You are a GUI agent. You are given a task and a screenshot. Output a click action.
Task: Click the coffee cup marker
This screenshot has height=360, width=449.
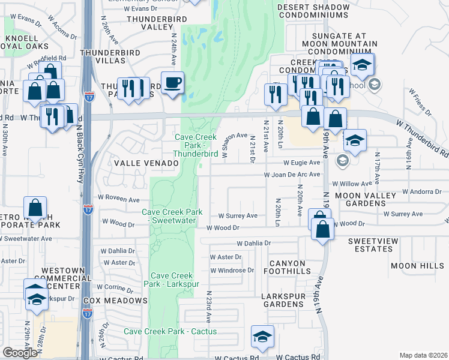click(x=173, y=83)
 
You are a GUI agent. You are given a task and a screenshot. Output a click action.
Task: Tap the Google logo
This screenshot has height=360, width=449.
click(x=20, y=353)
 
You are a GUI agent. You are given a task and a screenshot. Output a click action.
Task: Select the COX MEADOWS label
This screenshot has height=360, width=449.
click(x=115, y=300)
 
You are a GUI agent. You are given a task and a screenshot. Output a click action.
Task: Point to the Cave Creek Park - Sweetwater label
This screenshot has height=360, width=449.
click(x=172, y=216)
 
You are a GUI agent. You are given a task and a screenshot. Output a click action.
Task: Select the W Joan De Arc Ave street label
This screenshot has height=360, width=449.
click(x=292, y=175)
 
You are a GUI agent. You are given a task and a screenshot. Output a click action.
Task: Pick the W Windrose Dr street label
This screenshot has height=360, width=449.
click(x=232, y=270)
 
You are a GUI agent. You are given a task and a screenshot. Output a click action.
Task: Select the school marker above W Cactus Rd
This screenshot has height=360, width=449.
click(x=262, y=338)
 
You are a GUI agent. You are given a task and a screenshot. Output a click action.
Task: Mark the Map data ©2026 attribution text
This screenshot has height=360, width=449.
click(x=423, y=355)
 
